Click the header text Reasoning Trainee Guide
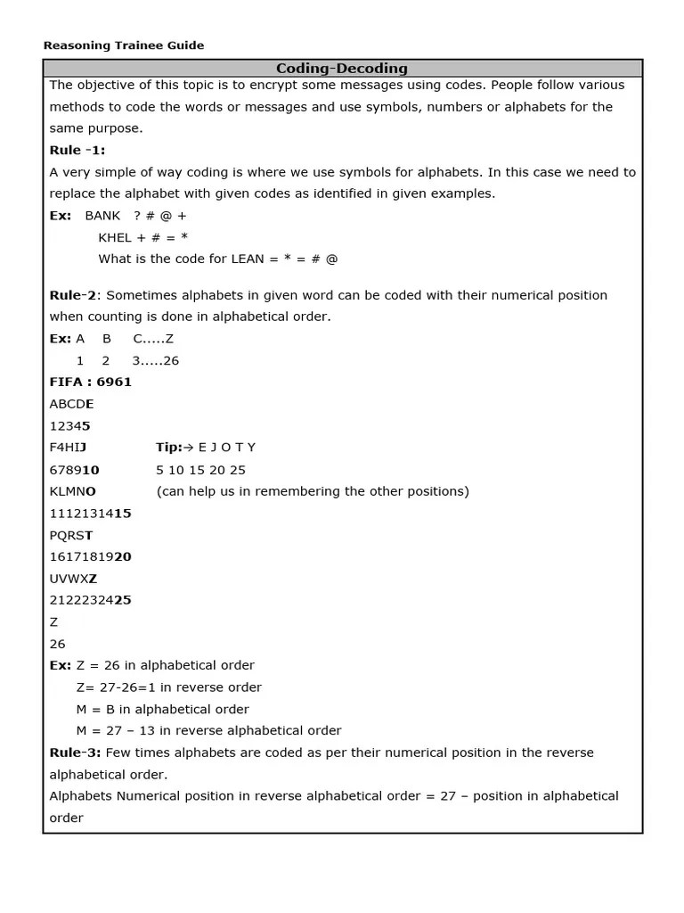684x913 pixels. [x=124, y=45]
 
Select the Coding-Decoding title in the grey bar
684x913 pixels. [x=342, y=69]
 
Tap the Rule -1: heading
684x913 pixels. [x=77, y=151]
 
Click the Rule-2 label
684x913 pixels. [x=72, y=295]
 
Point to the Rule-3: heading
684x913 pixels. [x=76, y=753]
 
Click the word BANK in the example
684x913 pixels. [x=102, y=216]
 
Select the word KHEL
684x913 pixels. [x=115, y=237]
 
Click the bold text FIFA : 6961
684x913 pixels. [x=91, y=382]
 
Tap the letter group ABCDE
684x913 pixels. [x=71, y=404]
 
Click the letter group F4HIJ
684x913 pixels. [x=69, y=448]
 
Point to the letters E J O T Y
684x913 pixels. [x=227, y=448]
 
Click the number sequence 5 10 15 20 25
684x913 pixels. [x=200, y=470]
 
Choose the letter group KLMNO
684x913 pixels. [x=73, y=491]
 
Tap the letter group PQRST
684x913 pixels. [x=71, y=535]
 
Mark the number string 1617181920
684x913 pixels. [x=91, y=557]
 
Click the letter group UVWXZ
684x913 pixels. [x=74, y=579]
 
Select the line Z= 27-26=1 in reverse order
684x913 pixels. [x=169, y=687]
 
